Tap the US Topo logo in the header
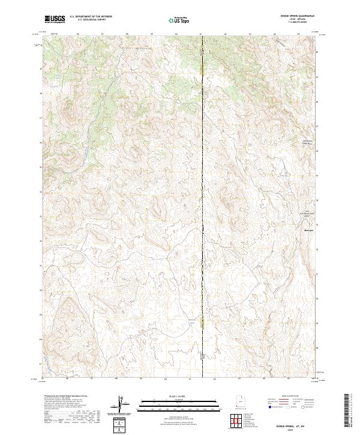pyautogui.click(x=180, y=20)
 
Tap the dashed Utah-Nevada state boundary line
pyautogui.click(x=203, y=180)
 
